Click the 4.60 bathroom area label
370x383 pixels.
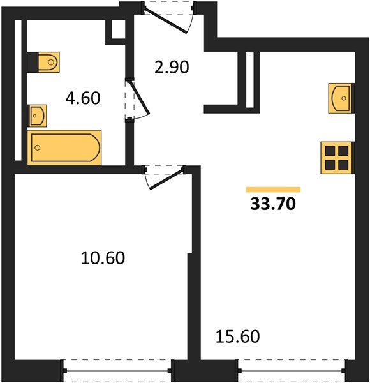tap(83, 98)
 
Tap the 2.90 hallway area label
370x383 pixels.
tap(172, 67)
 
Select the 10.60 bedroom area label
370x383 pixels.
tap(103, 258)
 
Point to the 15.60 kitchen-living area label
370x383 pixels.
tap(238, 336)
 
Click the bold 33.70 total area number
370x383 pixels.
tap(273, 204)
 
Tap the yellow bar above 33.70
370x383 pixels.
tap(273, 190)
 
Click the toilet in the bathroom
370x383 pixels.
tap(48, 62)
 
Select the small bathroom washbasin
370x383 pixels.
tap(38, 116)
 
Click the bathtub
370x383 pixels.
tap(64, 147)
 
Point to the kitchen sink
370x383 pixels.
tap(341, 98)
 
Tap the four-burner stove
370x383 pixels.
tap(337, 158)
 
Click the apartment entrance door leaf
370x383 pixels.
tap(166, 20)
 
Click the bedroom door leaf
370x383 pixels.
tap(166, 179)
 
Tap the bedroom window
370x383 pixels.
tap(117, 371)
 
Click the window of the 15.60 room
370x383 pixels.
tap(292, 371)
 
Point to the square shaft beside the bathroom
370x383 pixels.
tap(119, 29)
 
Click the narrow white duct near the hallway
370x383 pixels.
tap(250, 80)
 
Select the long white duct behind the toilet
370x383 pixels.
tap(18, 91)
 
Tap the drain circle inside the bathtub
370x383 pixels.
tap(38, 147)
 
